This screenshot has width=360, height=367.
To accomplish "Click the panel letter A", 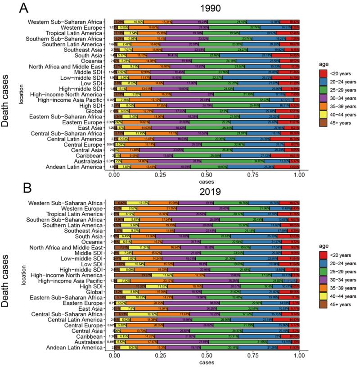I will pyautogui.click(x=10, y=8).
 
